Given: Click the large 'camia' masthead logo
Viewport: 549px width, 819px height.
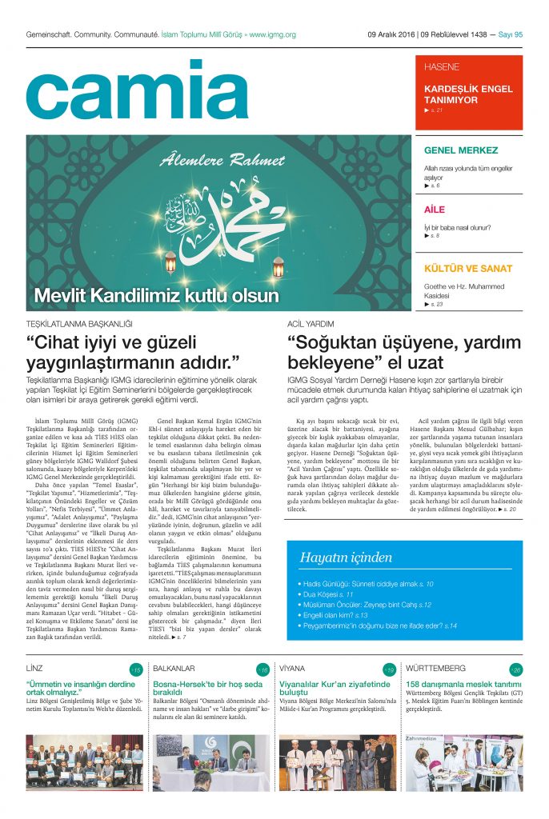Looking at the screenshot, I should pyautogui.click(x=126, y=90).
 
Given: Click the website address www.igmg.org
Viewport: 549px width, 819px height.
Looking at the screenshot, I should pyautogui.click(x=272, y=34).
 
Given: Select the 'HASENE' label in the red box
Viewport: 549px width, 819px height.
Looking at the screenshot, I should pyautogui.click(x=442, y=67).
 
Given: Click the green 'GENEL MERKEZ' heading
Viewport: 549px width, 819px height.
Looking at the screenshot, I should pyautogui.click(x=461, y=150).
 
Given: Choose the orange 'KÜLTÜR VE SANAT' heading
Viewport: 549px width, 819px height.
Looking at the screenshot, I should pyautogui.click(x=467, y=269).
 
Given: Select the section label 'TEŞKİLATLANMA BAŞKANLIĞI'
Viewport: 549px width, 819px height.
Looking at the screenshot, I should pyautogui.click(x=78, y=324).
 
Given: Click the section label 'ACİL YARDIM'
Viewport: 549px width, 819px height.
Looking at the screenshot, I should pyautogui.click(x=310, y=324).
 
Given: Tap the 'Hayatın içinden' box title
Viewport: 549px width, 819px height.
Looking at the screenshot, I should pyautogui.click(x=346, y=557).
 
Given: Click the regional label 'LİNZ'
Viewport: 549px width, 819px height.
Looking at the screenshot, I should pyautogui.click(x=34, y=668).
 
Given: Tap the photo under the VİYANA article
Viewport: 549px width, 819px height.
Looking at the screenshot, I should pyautogui.click(x=337, y=763).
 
